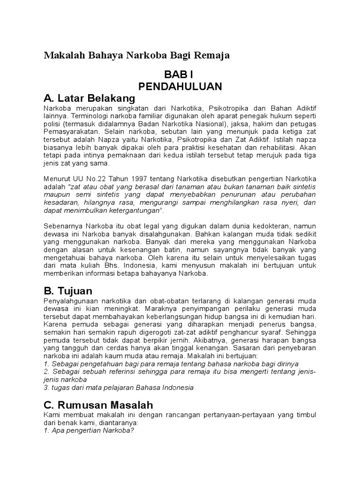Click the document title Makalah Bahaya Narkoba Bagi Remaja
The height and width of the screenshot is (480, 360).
(136, 56)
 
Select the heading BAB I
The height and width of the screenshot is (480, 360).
(178, 75)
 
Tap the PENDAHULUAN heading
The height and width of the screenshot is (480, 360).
(180, 87)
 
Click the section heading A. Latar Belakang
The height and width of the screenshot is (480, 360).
(89, 98)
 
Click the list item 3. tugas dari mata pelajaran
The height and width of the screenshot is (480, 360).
(118, 388)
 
